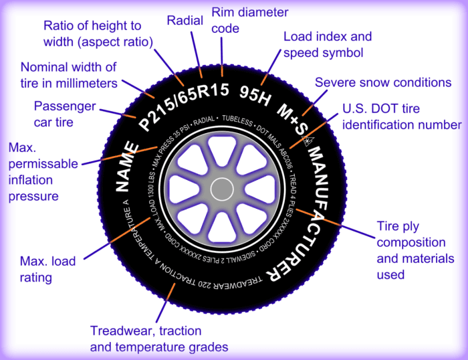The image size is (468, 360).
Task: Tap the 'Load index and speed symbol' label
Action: pyautogui.click(x=328, y=43)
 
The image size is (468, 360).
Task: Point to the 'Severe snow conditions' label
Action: pyautogui.click(x=383, y=83)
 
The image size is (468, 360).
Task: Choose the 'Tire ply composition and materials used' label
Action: pyautogui.click(x=415, y=250)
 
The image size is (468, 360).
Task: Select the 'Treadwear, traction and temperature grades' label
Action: pyautogui.click(x=159, y=338)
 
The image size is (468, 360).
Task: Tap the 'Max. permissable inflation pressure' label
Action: pyautogui.click(x=42, y=171)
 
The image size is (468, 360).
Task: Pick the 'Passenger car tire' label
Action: pyautogui.click(x=65, y=114)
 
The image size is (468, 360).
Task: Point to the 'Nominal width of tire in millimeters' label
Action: pyautogui.click(x=69, y=75)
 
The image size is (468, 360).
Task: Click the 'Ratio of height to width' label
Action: pyautogui.click(x=98, y=33)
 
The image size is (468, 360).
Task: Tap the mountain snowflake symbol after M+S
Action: pyautogui.click(x=308, y=140)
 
